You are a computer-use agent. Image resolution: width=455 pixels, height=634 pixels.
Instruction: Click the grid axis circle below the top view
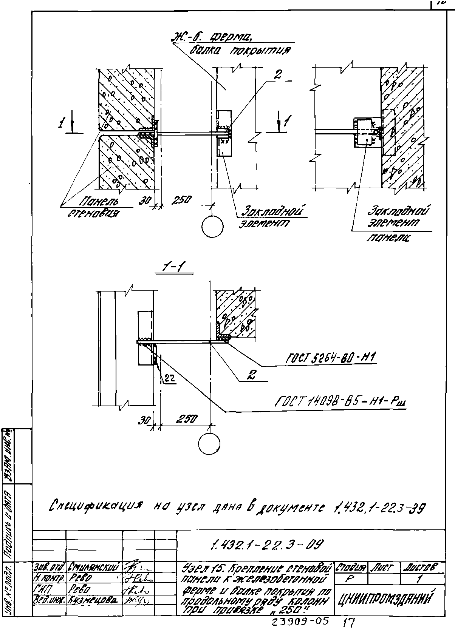tap(212, 227)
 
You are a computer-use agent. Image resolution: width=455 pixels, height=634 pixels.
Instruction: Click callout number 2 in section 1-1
tap(251, 374)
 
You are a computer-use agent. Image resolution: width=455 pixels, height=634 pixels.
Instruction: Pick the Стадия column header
tap(351, 568)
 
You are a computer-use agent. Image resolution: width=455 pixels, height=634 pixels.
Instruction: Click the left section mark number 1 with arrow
tap(67, 123)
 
